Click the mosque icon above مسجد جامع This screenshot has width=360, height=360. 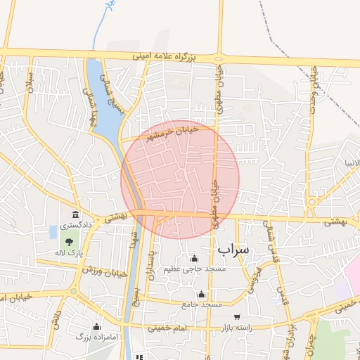click(202, 294)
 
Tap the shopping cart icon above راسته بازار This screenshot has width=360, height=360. click(236, 317)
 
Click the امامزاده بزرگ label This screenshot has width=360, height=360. click(97, 337)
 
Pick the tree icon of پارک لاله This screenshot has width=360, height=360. click(69, 242)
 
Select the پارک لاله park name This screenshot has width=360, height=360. click(70, 252)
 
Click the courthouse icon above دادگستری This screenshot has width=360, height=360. click(75, 214)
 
